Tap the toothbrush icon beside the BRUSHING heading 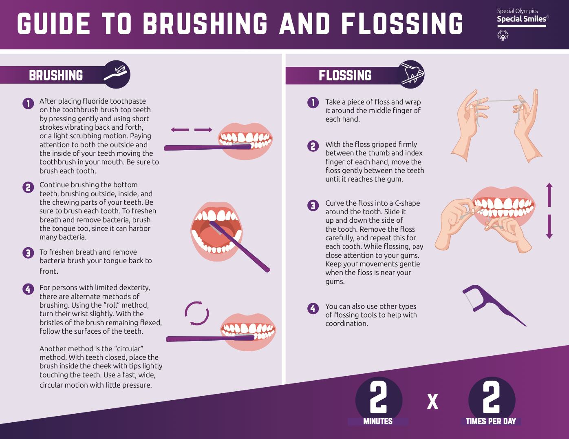tap(116, 74)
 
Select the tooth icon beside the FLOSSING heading tap(412, 74)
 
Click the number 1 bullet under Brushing tap(28, 104)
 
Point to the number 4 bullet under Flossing tap(313, 308)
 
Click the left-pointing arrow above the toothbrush tap(179, 130)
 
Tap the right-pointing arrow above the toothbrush tap(203, 130)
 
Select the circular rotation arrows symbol tap(197, 313)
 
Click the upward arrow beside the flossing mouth tap(549, 195)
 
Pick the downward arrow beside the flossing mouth tap(549, 227)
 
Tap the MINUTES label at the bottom tap(378, 421)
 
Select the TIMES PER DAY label tap(491, 421)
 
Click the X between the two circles tap(432, 401)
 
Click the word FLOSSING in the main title tap(402, 24)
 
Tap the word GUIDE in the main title tap(53, 24)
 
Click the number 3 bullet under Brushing tap(28, 253)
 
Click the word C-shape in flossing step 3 tap(407, 203)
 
